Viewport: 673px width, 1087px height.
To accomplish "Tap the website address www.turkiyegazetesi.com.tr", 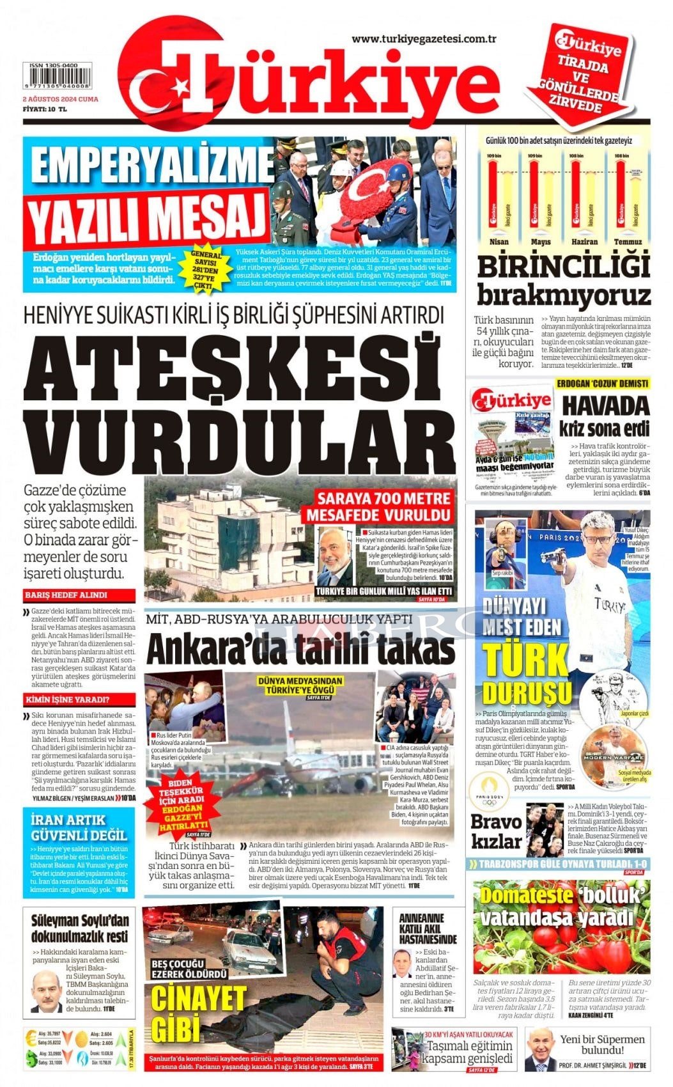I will pos(424,39).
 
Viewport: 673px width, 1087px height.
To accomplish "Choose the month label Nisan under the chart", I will pos(499,242).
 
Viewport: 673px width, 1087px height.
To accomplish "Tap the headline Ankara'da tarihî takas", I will pos(300,650).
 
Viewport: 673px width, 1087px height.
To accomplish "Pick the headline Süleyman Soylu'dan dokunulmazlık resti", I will pos(80,928).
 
